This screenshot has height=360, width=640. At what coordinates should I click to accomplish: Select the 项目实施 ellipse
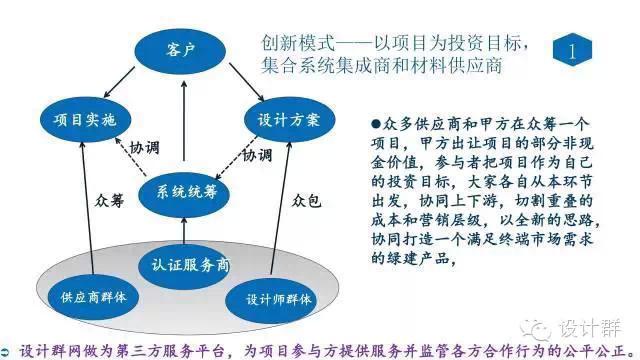(x=84, y=119)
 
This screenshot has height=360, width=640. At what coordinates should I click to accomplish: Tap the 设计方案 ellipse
(x=287, y=119)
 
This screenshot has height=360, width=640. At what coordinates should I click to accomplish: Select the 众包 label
(x=307, y=201)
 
